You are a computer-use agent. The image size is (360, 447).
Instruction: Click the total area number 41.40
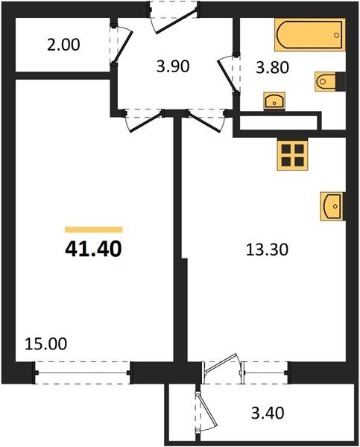coord(93,247)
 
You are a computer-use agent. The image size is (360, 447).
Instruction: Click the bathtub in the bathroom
coord(309,34)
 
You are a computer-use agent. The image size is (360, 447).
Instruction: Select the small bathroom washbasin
coord(273,100)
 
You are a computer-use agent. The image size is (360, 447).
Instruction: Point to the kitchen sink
coord(332,205)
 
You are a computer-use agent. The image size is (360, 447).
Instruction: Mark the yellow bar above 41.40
coord(93,230)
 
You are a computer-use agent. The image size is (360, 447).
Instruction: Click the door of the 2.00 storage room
coord(121,46)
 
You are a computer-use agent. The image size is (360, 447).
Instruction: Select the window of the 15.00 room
coord(83,370)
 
